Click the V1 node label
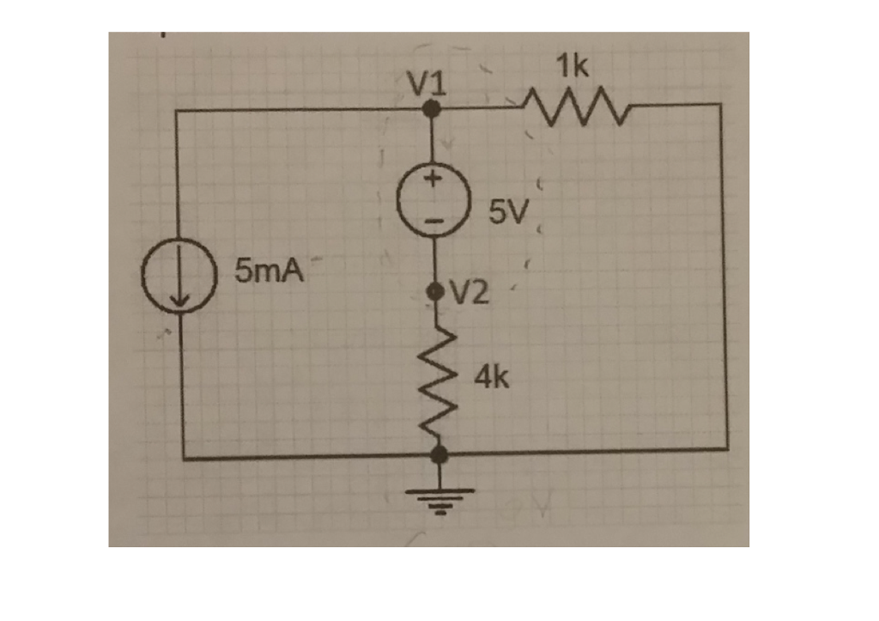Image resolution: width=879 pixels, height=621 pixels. pyautogui.click(x=427, y=83)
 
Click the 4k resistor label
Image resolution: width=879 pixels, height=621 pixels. pyautogui.click(x=492, y=376)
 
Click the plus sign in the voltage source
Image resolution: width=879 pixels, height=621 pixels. pyautogui.click(x=434, y=180)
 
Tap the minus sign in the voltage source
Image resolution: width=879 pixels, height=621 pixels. pyautogui.click(x=435, y=222)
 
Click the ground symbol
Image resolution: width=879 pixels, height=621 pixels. pyautogui.click(x=440, y=497)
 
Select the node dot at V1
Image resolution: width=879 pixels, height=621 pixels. pyautogui.click(x=433, y=108)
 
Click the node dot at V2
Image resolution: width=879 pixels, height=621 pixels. pyautogui.click(x=437, y=292)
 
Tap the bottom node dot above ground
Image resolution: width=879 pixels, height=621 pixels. pyautogui.click(x=439, y=453)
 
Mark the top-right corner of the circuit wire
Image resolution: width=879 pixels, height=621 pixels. pyautogui.click(x=719, y=105)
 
